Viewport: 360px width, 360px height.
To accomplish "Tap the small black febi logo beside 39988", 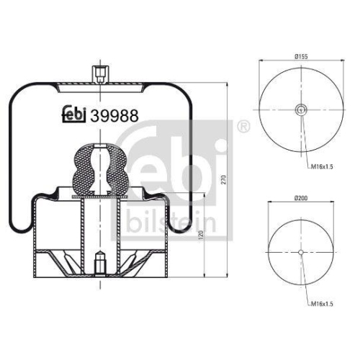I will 71,115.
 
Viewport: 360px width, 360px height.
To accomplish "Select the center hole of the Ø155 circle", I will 300,110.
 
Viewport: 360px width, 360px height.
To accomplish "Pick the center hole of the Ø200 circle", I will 300,251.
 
